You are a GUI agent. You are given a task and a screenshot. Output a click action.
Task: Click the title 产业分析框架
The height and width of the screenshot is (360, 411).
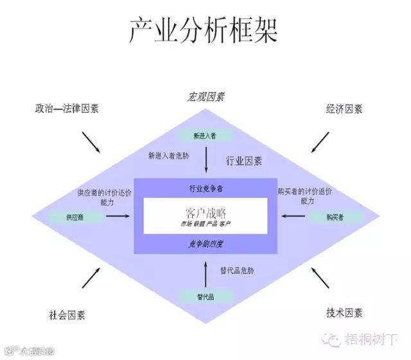205,30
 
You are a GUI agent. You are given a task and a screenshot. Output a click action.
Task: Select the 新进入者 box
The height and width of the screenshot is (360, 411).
205,136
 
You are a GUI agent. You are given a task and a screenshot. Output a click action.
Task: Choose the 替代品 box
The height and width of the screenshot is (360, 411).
205,296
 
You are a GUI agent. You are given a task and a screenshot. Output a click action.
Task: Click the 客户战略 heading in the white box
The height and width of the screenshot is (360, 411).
205,212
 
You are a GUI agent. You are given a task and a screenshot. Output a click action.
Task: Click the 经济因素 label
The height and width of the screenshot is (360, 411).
344,109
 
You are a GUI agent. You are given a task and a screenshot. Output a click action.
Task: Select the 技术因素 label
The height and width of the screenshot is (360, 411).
344,313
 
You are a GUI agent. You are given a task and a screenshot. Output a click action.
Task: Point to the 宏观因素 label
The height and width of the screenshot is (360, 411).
205,98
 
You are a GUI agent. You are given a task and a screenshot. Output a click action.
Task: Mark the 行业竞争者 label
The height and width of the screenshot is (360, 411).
205,188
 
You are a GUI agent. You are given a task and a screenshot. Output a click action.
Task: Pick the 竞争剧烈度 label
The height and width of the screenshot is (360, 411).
205,244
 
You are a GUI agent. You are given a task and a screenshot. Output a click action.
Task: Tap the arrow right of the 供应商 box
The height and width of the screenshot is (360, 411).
118,217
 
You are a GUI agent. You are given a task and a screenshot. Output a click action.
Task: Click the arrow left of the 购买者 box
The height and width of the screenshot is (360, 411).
292,217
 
